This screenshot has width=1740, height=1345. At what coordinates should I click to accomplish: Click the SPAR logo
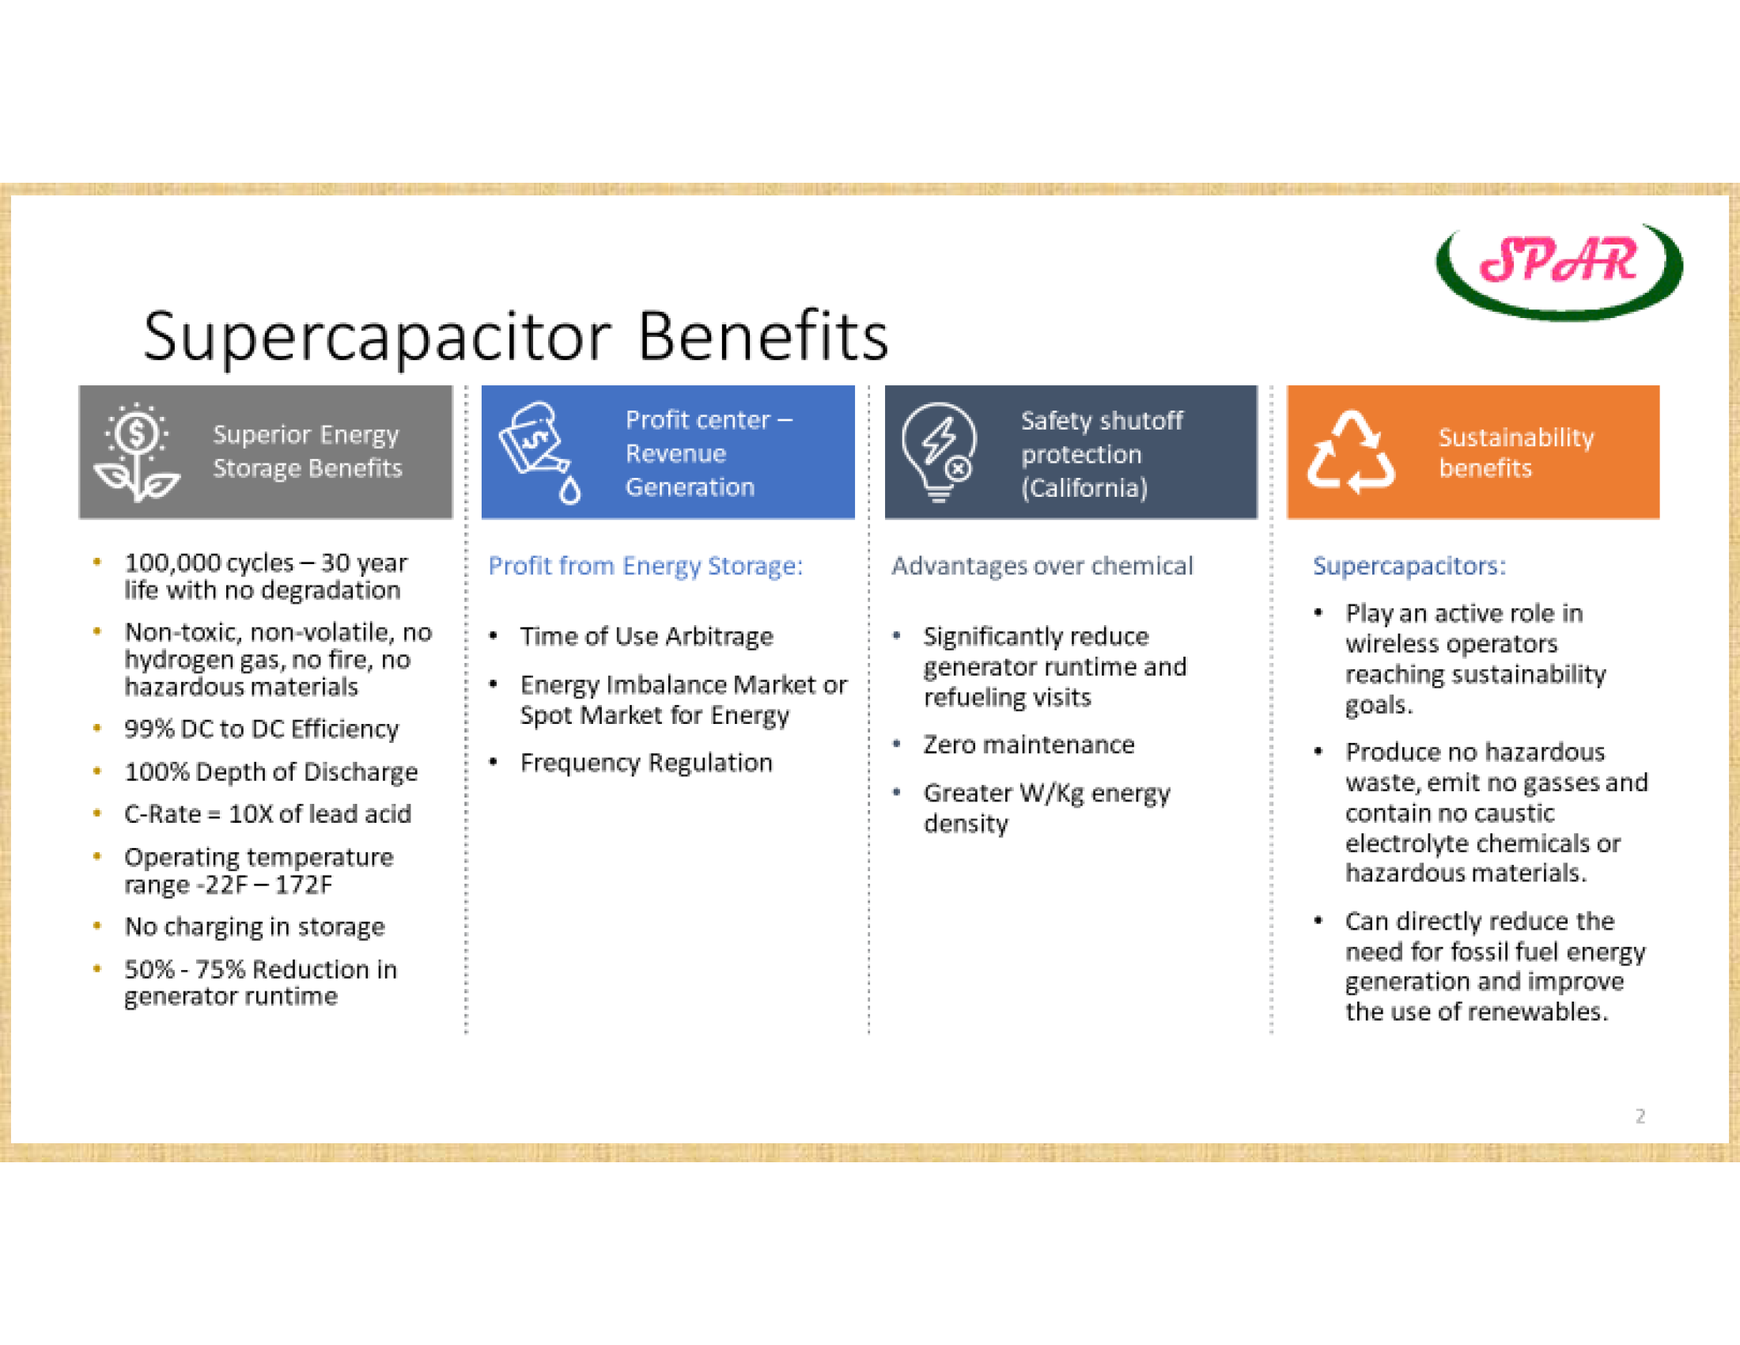point(1559,271)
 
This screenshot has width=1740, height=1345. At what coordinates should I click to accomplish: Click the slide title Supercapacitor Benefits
point(516,337)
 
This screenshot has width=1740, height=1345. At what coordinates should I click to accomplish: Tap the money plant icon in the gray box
point(137,452)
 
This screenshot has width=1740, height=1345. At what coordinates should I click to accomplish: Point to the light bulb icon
point(940,452)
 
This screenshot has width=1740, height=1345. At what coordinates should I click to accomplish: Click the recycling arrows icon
point(1351,452)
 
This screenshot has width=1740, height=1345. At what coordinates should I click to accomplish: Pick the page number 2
point(1640,1116)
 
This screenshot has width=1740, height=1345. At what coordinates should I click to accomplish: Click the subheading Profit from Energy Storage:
point(645,566)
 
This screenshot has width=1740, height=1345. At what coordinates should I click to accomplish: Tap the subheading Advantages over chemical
point(1042,566)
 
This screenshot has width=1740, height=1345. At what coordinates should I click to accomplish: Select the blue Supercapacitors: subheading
point(1409,566)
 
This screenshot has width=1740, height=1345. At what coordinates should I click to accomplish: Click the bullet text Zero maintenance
point(1028,744)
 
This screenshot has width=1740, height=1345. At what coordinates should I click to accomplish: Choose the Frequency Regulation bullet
point(646,763)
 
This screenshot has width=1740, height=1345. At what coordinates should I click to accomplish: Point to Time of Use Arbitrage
point(646,637)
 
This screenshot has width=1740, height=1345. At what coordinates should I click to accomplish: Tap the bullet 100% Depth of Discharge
point(270,772)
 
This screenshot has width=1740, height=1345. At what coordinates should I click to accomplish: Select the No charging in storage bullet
point(254,926)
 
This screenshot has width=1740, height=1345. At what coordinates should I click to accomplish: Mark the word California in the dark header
point(1084,487)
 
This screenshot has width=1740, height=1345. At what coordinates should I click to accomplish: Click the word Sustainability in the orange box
point(1516,438)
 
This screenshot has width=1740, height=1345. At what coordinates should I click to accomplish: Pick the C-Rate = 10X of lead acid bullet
point(267,814)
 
